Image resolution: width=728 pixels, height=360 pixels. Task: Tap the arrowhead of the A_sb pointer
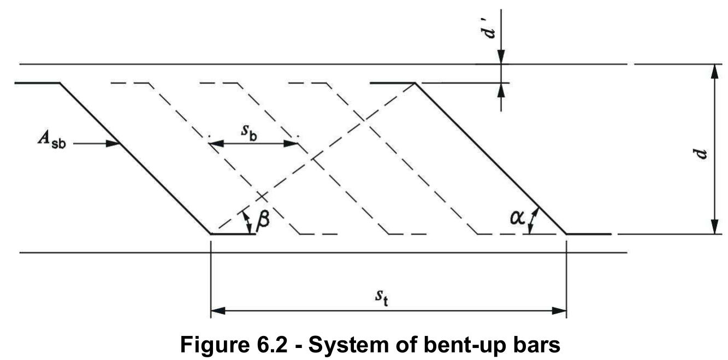(114, 144)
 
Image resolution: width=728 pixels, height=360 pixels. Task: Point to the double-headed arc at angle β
(247, 221)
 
